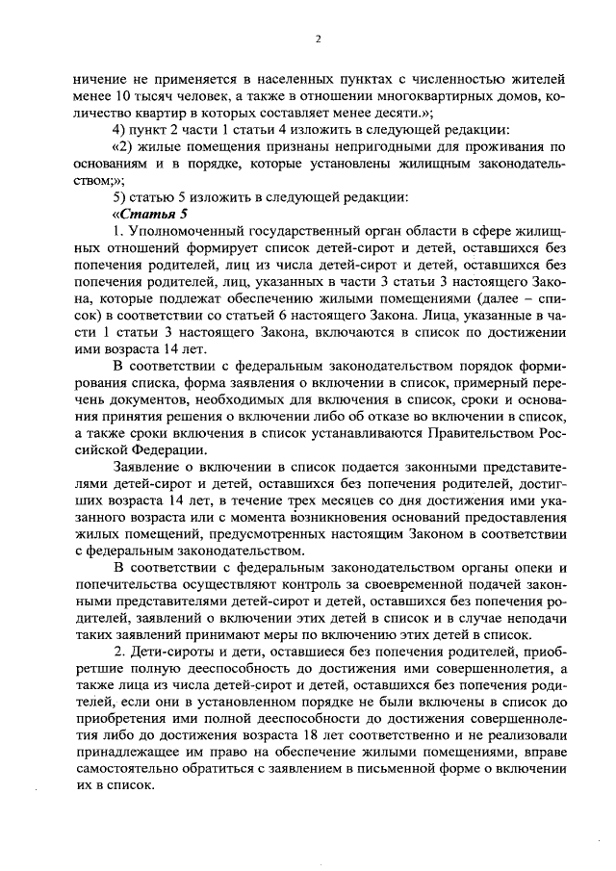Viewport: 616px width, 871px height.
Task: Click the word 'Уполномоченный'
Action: (x=182, y=233)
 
